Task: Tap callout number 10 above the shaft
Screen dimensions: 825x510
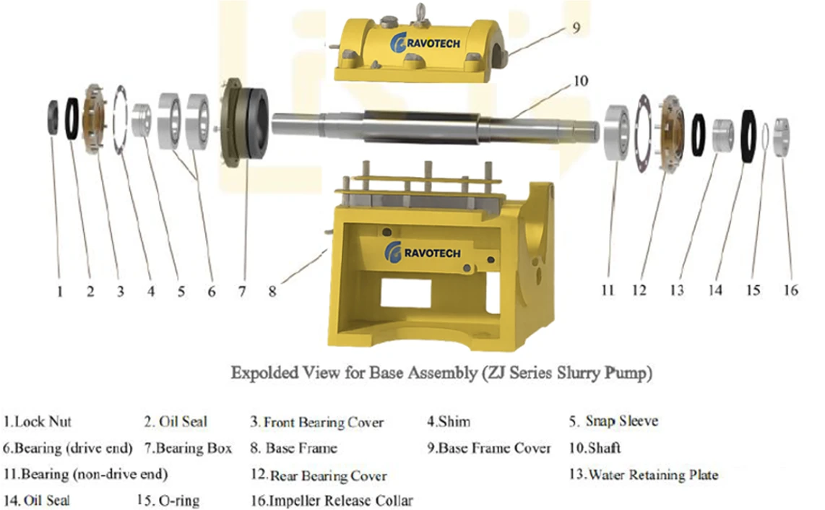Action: pos(580,81)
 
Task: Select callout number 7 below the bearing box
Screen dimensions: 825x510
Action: pos(242,291)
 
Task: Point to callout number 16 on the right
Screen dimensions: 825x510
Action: pos(791,290)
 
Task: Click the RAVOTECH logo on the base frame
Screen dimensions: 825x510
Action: pos(423,252)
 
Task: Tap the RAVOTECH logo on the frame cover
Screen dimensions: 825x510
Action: pos(426,42)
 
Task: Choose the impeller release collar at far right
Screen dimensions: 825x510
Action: pos(782,137)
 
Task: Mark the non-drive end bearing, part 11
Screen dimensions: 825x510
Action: pos(617,132)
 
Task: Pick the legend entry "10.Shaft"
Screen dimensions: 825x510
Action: pos(595,448)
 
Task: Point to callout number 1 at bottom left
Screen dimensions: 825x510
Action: pos(60,291)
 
